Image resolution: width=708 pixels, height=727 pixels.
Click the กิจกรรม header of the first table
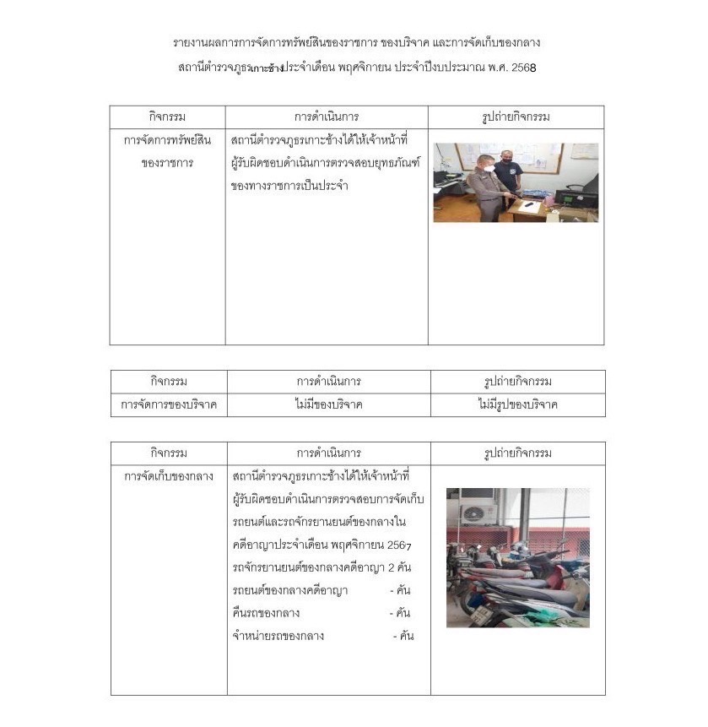coord(166,117)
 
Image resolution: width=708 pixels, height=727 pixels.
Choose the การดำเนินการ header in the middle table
coord(327,382)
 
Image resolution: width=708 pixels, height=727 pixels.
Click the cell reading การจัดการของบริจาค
coord(169,404)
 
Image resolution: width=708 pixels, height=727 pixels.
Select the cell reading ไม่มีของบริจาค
coord(328,404)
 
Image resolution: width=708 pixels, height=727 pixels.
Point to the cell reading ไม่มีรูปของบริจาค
coord(516,404)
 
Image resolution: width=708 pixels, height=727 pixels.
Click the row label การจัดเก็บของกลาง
coord(168,476)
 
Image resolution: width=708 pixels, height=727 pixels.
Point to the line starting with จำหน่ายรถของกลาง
coord(278,635)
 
